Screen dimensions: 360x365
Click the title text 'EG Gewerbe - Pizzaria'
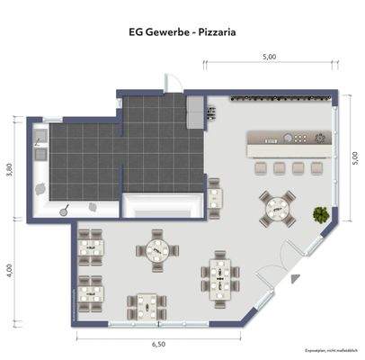[182, 31]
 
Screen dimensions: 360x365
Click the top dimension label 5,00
[269, 57]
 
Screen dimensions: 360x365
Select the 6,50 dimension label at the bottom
[158, 345]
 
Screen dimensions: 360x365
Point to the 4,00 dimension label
[11, 269]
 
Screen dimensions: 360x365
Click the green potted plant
[320, 214]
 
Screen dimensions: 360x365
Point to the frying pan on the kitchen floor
[66, 208]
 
